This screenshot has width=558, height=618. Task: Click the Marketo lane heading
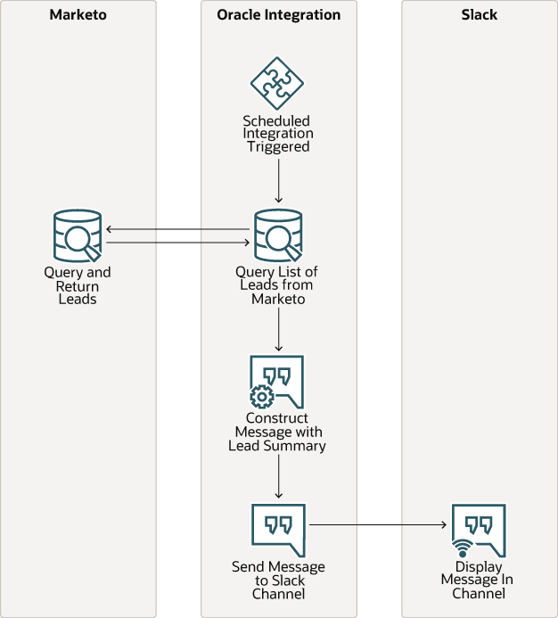(x=78, y=15)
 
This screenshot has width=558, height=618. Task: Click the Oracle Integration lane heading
(x=278, y=15)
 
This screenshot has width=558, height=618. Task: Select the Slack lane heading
(x=479, y=15)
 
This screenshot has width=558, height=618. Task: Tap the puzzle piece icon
(x=278, y=84)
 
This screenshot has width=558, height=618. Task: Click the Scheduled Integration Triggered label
(x=278, y=133)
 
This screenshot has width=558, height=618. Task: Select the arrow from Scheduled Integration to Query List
(x=278, y=182)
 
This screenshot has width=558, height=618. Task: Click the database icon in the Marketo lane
(x=78, y=235)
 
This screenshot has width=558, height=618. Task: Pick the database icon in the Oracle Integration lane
(x=278, y=235)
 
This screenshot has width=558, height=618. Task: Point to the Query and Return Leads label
(x=78, y=285)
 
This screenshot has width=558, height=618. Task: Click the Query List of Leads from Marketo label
(x=278, y=285)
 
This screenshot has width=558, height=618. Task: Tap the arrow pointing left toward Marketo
(x=177, y=229)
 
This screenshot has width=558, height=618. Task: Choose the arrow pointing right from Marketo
(x=177, y=242)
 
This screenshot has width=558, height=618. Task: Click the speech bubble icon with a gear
(x=276, y=382)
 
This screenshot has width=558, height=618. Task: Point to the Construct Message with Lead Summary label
(x=278, y=432)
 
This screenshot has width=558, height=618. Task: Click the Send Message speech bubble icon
(x=278, y=530)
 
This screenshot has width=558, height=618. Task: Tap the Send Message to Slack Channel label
(x=278, y=580)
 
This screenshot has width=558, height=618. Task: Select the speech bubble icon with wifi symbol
(x=478, y=530)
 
